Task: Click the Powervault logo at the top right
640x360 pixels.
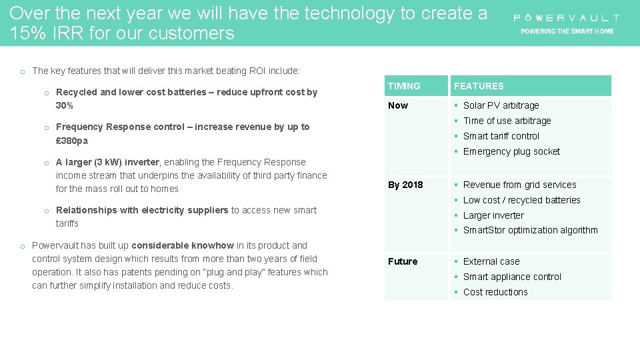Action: point(566,18)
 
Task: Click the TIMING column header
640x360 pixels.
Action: point(404,86)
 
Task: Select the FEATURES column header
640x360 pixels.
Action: point(479,86)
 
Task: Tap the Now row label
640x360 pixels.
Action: point(398,105)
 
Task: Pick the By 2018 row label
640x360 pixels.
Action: point(405,185)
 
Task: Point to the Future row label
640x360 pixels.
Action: point(403,261)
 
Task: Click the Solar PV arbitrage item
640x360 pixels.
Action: point(501,105)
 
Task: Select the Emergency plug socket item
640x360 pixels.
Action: point(511,151)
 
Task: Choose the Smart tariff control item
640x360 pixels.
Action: point(501,136)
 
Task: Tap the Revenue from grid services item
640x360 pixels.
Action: point(519,185)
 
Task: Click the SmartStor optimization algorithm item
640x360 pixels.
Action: point(530,230)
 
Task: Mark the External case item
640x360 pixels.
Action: point(491,261)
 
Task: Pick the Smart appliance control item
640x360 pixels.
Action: point(512,277)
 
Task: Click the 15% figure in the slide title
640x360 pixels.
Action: point(26,33)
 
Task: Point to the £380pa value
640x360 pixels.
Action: point(72,141)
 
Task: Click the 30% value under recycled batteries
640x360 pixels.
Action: point(65,106)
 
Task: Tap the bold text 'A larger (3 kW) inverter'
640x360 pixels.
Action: point(107,162)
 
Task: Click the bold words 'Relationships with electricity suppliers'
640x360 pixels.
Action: point(142,210)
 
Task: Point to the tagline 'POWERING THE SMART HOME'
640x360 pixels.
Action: point(567,31)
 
